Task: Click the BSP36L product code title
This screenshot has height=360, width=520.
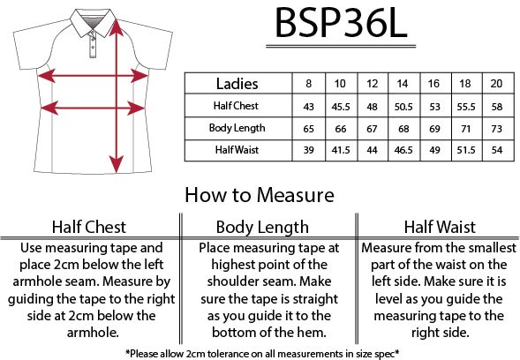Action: tap(341, 23)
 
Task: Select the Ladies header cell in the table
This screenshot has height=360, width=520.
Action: tap(237, 84)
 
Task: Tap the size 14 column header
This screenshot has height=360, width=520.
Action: tap(403, 83)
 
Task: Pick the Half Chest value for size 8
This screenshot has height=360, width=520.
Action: tap(308, 107)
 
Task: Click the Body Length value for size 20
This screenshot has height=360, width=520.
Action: tap(496, 129)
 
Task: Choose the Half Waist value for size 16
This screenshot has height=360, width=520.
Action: tap(434, 150)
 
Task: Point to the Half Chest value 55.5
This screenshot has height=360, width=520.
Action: tap(466, 107)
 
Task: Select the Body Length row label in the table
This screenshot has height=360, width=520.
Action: tap(237, 128)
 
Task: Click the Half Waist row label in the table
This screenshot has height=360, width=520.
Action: tap(237, 150)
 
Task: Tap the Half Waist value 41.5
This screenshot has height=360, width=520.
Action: tap(341, 150)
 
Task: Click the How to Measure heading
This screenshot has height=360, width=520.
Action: tap(260, 195)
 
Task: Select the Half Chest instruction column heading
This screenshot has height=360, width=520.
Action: tap(89, 227)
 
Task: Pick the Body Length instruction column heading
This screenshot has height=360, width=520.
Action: tap(262, 228)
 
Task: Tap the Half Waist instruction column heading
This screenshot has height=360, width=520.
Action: tap(440, 227)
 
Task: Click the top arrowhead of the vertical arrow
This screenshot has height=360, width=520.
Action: tap(116, 27)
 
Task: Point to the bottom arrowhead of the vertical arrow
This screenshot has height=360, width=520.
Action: tap(116, 164)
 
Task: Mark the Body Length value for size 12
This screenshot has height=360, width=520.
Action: tap(372, 129)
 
